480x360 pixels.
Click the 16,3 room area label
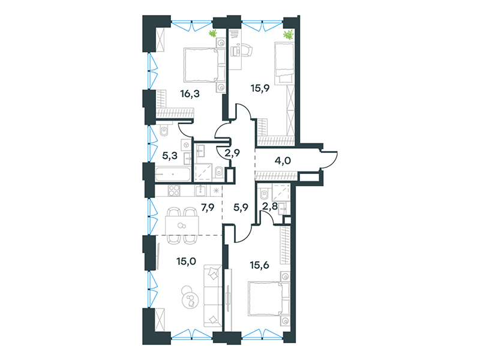point(190,94)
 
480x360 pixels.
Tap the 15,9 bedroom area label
point(260,88)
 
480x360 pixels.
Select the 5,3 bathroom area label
point(170,155)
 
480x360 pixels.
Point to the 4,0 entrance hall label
point(283,160)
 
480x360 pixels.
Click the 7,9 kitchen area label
point(208,207)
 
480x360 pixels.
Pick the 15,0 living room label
point(186,261)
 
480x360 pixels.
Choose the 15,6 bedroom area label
point(260,265)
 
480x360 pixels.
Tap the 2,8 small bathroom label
point(269,206)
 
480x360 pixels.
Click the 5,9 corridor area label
point(241,207)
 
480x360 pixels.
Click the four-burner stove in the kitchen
point(174,190)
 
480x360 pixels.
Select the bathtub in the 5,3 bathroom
point(173,174)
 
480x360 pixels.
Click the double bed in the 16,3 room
point(205,65)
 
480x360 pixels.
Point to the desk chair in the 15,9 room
point(247,50)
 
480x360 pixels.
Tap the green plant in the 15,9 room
point(288,35)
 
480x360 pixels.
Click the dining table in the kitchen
point(182,226)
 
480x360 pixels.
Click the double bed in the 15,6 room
point(269,299)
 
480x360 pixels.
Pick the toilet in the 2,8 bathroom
point(264,193)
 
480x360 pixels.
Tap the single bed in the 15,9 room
point(284,63)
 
